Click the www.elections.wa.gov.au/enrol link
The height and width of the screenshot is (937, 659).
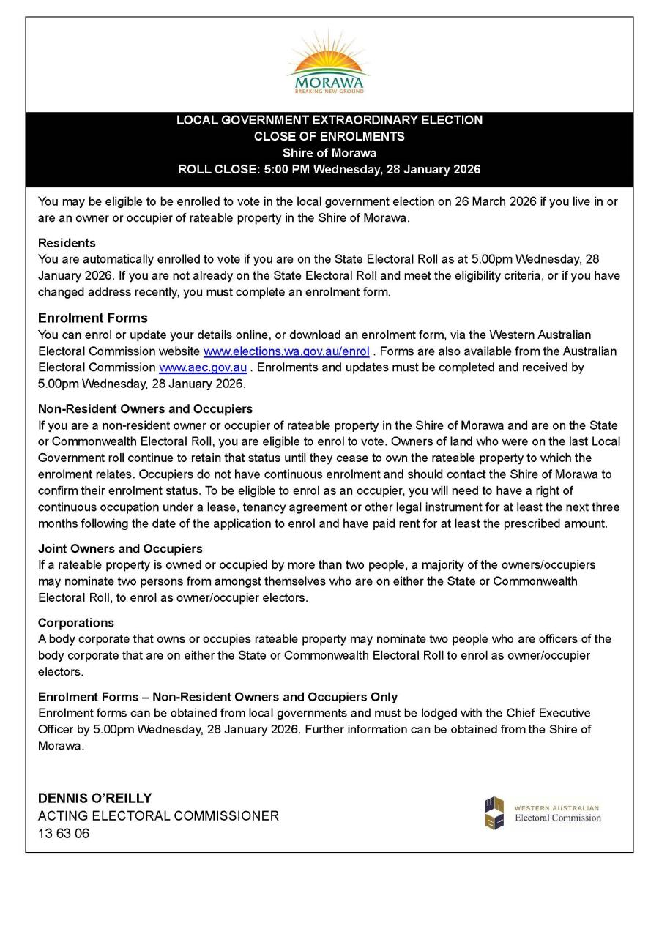click(x=286, y=351)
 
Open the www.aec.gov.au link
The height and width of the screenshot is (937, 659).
click(x=203, y=367)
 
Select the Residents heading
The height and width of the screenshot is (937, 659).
click(x=67, y=243)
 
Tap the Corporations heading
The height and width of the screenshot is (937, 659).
click(x=76, y=623)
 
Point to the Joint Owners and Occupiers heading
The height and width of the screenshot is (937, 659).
click(x=120, y=549)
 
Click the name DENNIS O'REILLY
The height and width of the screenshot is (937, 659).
click(x=95, y=799)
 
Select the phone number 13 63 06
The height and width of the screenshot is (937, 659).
click(x=64, y=834)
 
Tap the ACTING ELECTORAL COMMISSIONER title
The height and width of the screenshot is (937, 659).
click(x=158, y=816)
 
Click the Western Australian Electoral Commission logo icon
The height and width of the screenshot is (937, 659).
click(x=494, y=813)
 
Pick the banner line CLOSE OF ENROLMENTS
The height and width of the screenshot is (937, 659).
click(x=329, y=137)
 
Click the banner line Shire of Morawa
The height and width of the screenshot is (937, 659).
click(x=329, y=153)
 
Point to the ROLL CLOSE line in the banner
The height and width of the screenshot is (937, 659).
click(x=329, y=170)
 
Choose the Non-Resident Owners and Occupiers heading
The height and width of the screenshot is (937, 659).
click(x=145, y=409)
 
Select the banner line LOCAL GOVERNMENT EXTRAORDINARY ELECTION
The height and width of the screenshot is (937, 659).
click(x=329, y=120)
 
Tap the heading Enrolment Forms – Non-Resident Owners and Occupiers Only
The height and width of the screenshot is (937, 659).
click(x=217, y=697)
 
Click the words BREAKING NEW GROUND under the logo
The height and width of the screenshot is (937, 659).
click(x=329, y=91)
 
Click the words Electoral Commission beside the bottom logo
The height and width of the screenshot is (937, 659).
click(x=557, y=818)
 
